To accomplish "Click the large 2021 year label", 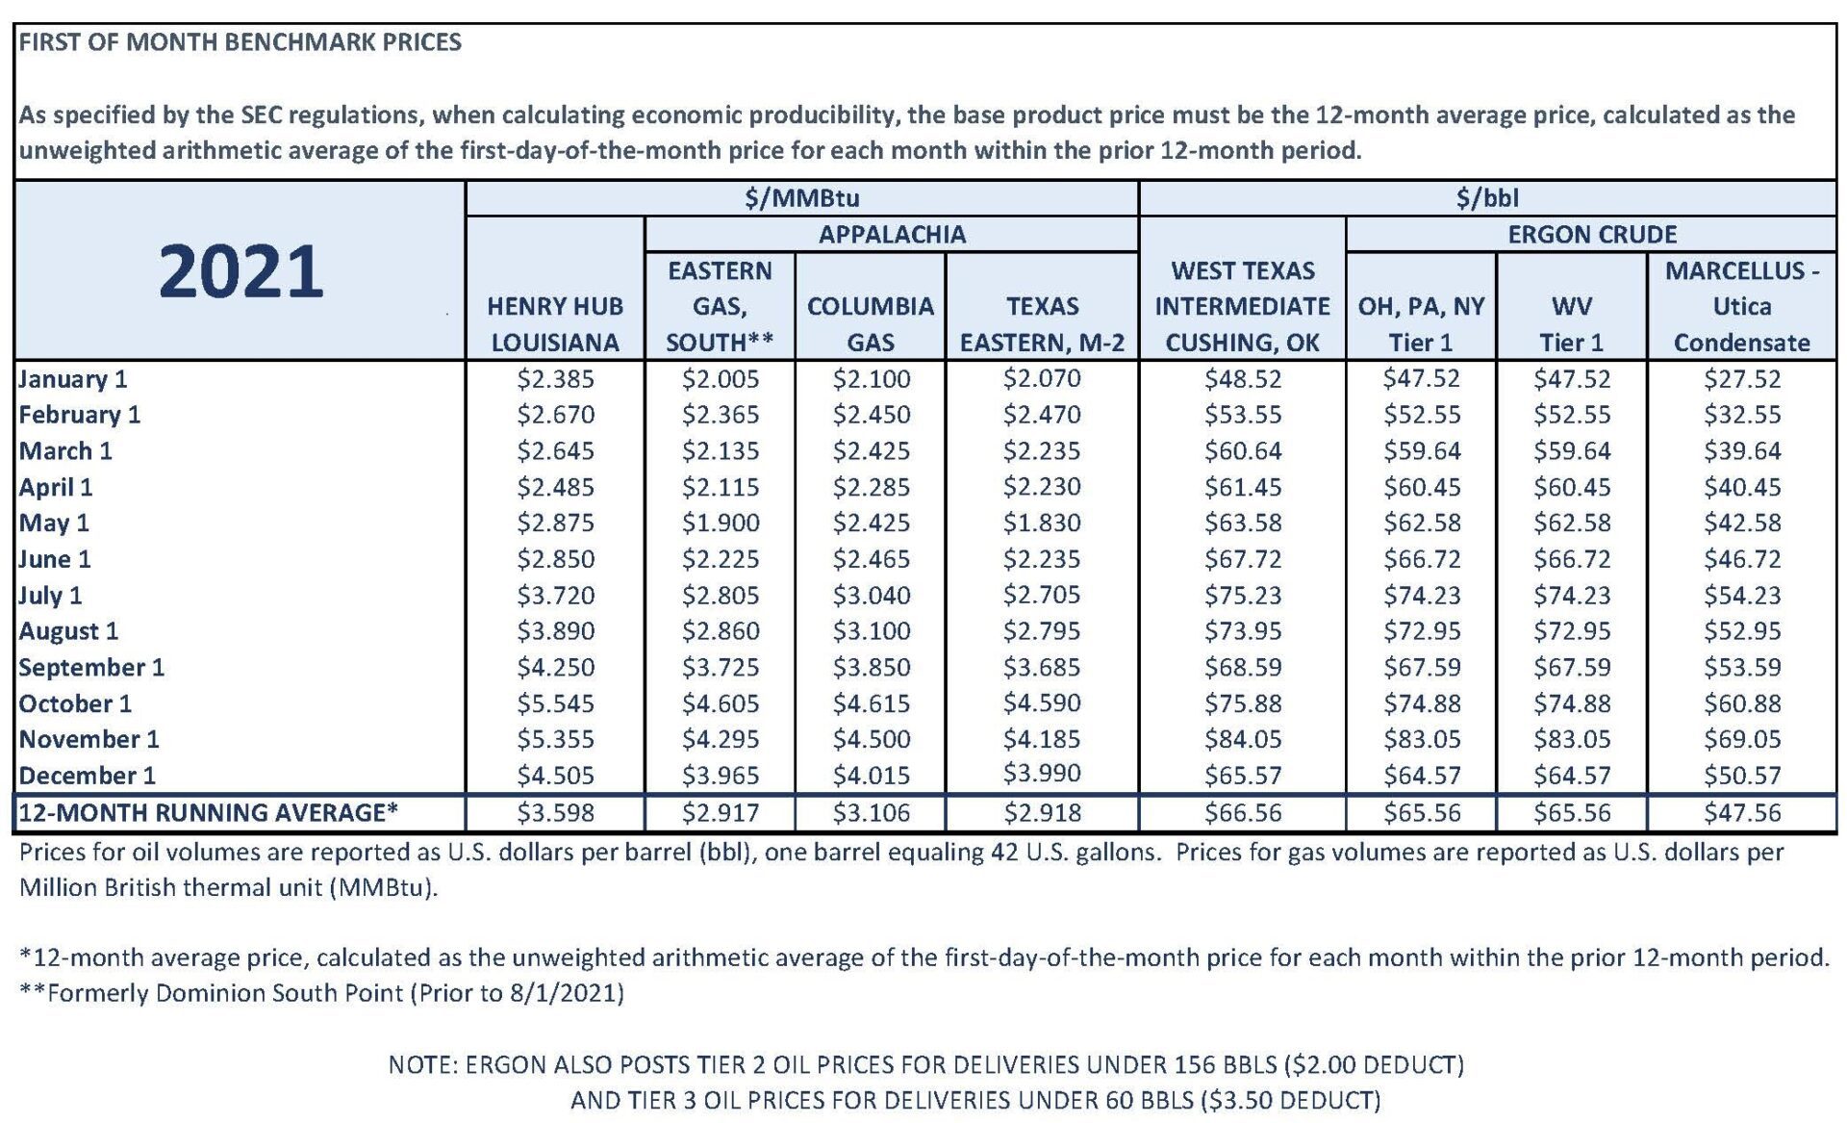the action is point(240,271).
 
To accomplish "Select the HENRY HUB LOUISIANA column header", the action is point(555,324).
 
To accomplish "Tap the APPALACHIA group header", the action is point(892,234).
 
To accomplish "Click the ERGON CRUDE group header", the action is point(1591,234).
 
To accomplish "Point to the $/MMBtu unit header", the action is point(802,198).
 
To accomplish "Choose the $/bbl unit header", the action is point(1487,198).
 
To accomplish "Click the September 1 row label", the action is point(91,667).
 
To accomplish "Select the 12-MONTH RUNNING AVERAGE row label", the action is point(208,812).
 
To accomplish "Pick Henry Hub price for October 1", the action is point(555,703).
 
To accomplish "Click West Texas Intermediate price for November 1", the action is point(1243,739).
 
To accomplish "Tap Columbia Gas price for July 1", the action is point(871,595).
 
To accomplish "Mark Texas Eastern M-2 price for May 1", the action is point(1042,523).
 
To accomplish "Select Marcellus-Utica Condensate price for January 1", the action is point(1742,378).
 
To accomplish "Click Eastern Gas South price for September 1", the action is point(721,667).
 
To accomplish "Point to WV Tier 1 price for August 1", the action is point(1572,631).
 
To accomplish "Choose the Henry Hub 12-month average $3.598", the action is point(555,813).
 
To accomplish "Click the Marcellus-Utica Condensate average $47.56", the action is point(1742,813).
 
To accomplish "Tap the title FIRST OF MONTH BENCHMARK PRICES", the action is point(240,42).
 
